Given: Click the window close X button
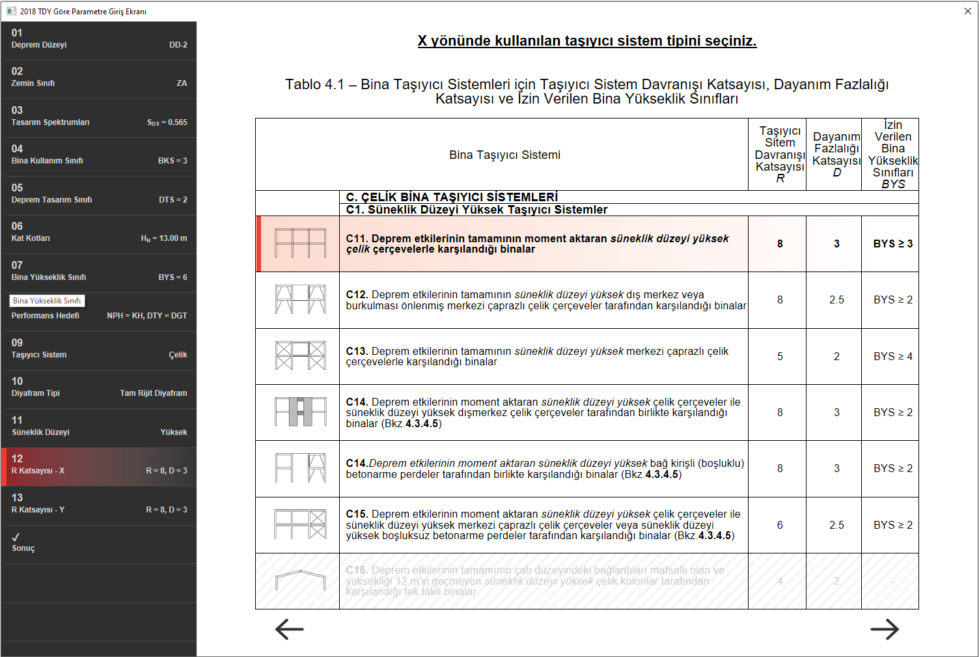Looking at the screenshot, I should pyautogui.click(x=967, y=11).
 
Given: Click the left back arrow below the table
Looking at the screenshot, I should pyautogui.click(x=290, y=629).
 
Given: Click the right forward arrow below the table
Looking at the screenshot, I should pyautogui.click(x=885, y=629).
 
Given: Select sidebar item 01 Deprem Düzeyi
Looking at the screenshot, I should pyautogui.click(x=99, y=39).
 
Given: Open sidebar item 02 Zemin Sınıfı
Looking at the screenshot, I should pyautogui.click(x=99, y=77).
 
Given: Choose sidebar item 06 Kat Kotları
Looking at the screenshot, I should pyautogui.click(x=99, y=232).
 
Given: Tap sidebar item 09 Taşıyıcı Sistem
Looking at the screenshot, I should pyautogui.click(x=99, y=349).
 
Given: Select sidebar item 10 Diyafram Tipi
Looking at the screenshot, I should pyautogui.click(x=99, y=387).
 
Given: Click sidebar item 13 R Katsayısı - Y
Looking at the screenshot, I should pyautogui.click(x=99, y=504).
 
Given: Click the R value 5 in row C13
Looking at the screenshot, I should pyautogui.click(x=780, y=357).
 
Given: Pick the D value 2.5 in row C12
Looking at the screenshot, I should pyautogui.click(x=836, y=300).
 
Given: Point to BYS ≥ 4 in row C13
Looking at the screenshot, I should pyautogui.click(x=893, y=357).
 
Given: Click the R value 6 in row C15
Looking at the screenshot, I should pyautogui.click(x=780, y=525).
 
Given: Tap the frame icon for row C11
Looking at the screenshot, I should pyautogui.click(x=300, y=244).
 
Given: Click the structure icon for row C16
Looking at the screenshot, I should pyautogui.click(x=300, y=581).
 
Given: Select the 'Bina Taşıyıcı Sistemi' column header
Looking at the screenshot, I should pyautogui.click(x=504, y=155).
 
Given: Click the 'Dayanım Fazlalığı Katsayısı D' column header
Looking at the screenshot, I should pyautogui.click(x=836, y=155).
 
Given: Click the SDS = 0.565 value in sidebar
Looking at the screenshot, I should pyautogui.click(x=167, y=122).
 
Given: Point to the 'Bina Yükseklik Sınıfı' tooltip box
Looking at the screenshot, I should pyautogui.click(x=47, y=301).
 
